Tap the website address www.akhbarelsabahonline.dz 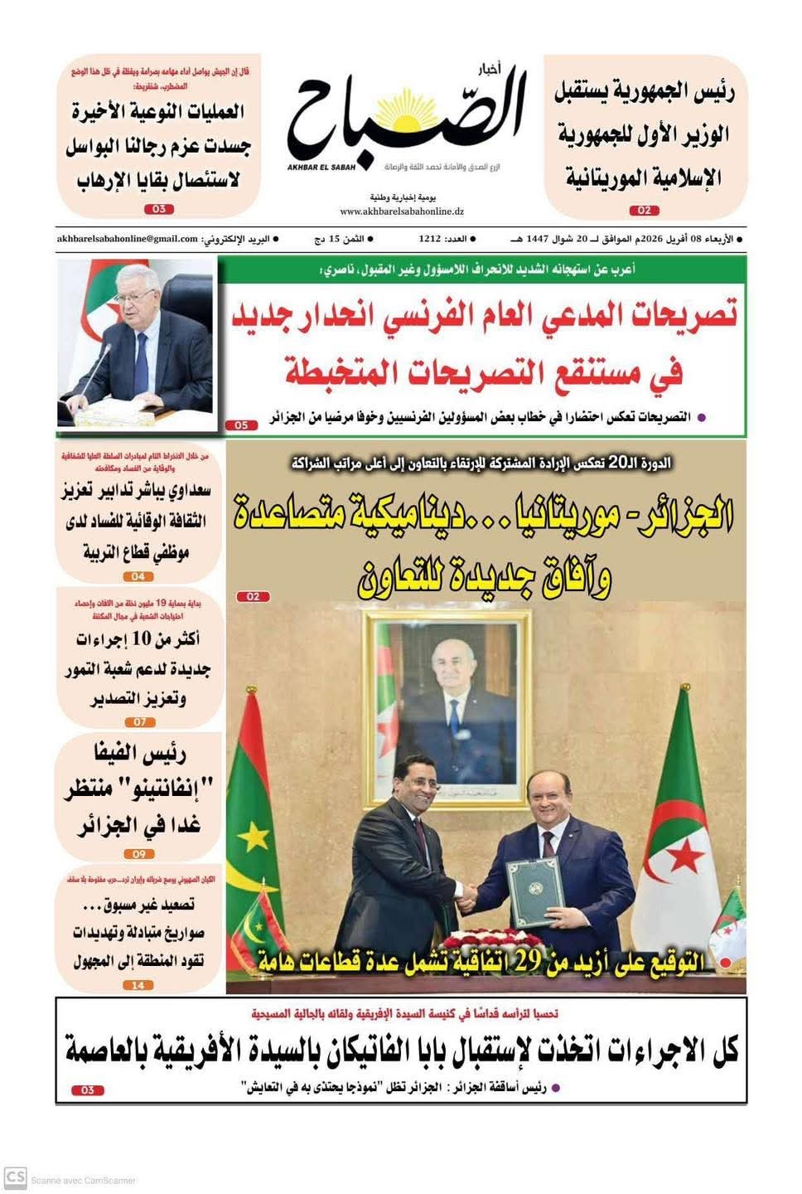click(x=401, y=211)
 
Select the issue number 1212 click(x=429, y=239)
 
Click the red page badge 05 click(x=241, y=425)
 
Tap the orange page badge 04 click(x=138, y=576)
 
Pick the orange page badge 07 click(x=139, y=722)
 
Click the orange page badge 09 click(x=138, y=854)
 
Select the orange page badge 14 click(x=138, y=985)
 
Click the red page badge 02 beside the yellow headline click(x=253, y=596)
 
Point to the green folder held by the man click(x=535, y=892)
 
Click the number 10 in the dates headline click(x=142, y=638)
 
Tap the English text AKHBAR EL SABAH click(x=321, y=167)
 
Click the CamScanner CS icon click(x=16, y=1178)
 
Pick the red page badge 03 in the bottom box click(x=88, y=1090)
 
